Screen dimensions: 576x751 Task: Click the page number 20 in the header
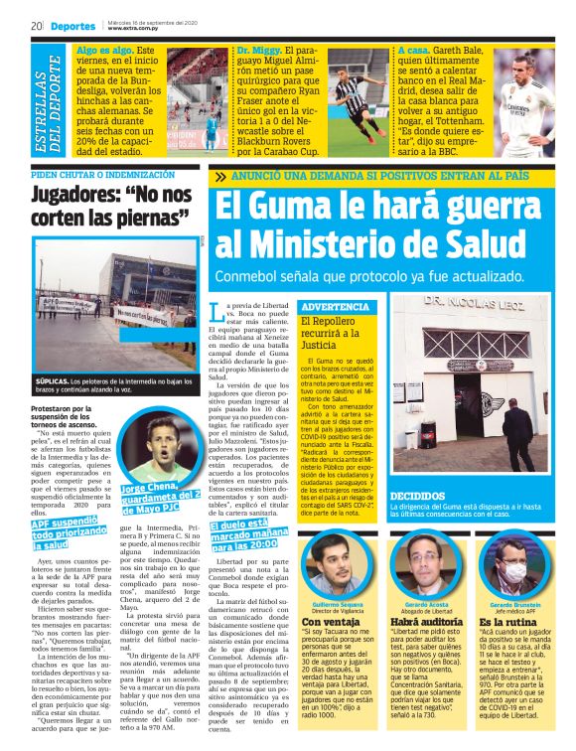(x=36, y=25)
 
